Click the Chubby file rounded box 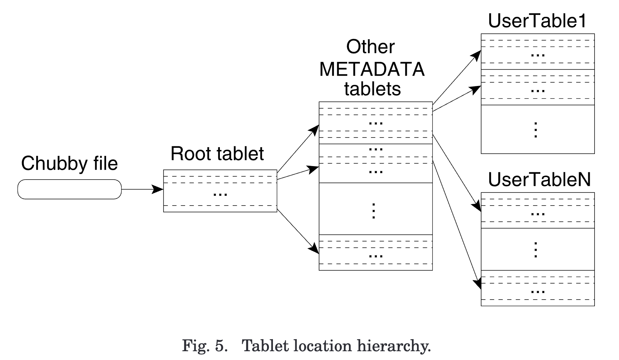click(70, 189)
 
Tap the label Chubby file click(70, 163)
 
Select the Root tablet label click(217, 154)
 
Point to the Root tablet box click(220, 191)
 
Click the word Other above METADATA click(370, 47)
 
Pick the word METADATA click(372, 69)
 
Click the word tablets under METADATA click(372, 89)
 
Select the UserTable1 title click(537, 21)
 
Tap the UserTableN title click(539, 179)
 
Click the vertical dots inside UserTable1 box click(536, 130)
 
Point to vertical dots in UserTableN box click(536, 250)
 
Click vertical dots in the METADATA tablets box click(374, 211)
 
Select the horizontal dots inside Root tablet click(220, 194)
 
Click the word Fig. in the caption click(196, 345)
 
